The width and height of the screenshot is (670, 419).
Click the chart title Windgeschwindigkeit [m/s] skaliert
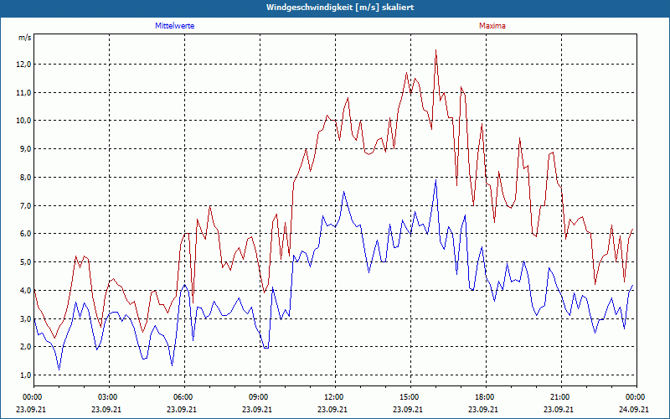point(334,7)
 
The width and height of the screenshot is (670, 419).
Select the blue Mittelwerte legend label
point(175,26)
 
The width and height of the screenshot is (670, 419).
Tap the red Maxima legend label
point(492,26)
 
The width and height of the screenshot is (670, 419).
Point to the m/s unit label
point(24,39)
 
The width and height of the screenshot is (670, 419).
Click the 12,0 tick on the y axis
point(23,65)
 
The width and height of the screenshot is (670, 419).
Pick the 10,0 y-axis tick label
point(23,121)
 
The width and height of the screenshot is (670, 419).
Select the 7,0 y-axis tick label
point(23,206)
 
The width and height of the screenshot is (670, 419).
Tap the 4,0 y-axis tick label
point(23,291)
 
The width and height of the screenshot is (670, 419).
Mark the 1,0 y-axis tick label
point(23,375)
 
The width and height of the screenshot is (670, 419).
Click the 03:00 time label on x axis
point(108,397)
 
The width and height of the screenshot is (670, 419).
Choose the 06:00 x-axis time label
point(183,397)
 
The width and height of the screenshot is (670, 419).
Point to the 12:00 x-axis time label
point(334,397)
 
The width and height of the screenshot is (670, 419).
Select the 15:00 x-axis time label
point(410,397)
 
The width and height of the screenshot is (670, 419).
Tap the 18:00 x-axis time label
point(485,397)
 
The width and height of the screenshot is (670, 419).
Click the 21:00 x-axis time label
point(560,397)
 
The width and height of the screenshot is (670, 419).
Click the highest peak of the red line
point(436,50)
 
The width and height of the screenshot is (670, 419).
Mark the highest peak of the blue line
point(436,179)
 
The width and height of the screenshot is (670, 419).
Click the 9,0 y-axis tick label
point(23,149)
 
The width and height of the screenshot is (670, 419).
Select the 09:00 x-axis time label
point(259,397)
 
